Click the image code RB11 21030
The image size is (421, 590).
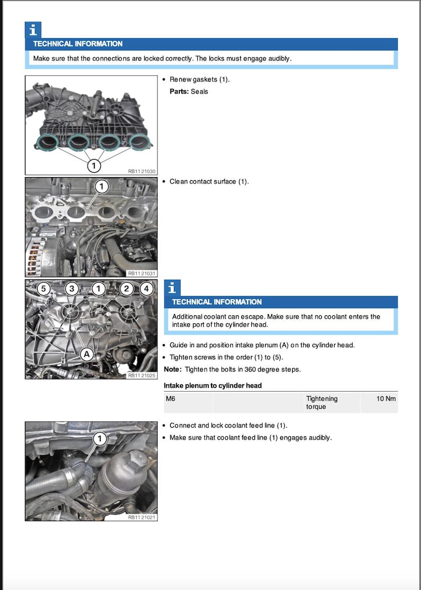pyautogui.click(x=142, y=171)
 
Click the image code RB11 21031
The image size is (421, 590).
pyautogui.click(x=142, y=274)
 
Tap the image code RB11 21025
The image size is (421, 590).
pyautogui.click(x=142, y=375)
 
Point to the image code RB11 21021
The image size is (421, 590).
pyautogui.click(x=142, y=517)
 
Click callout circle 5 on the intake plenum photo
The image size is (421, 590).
pyautogui.click(x=45, y=289)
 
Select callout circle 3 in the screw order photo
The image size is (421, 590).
pyautogui.click(x=72, y=289)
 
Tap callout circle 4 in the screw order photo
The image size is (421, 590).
pyautogui.click(x=147, y=289)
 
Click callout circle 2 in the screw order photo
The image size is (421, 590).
pyautogui.click(x=126, y=289)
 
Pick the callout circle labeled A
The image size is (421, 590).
pyautogui.click(x=86, y=355)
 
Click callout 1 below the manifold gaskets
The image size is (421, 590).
pyautogui.click(x=93, y=166)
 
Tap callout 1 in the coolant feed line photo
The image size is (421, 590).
pyautogui.click(x=100, y=438)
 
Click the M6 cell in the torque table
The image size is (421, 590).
pyautogui.click(x=171, y=399)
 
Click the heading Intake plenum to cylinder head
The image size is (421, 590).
pyautogui.click(x=213, y=385)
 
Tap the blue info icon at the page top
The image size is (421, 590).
pyautogui.click(x=33, y=30)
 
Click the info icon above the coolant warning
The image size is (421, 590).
pyautogui.click(x=172, y=288)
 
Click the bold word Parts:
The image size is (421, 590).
pyautogui.click(x=179, y=92)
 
